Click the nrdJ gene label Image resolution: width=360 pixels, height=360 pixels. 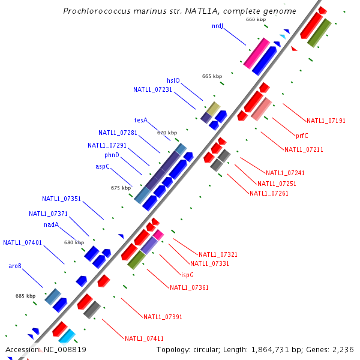217,26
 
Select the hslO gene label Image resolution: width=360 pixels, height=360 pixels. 173,80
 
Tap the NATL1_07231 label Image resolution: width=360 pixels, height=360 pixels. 152,89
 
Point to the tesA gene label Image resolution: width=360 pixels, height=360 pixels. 140,120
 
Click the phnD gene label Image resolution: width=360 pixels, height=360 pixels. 112,155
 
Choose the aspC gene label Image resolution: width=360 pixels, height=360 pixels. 103,166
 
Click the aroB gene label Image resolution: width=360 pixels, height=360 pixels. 15,266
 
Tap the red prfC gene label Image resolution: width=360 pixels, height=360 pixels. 302,135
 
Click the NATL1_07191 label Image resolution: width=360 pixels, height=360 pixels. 326,121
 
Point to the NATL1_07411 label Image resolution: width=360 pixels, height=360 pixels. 144,339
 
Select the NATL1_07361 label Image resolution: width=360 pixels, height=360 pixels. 189,287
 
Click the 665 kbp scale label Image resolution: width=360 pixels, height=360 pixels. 212,76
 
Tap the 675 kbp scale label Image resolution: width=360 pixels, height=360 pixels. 121,188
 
